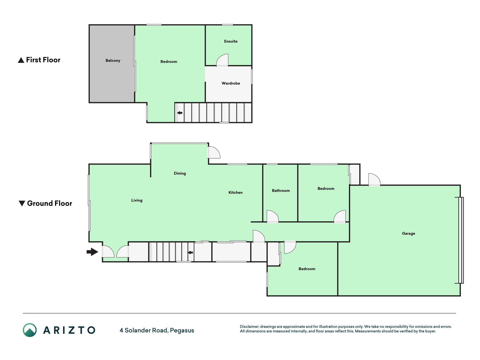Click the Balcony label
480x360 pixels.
click(113, 60)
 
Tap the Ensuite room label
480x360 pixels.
click(231, 41)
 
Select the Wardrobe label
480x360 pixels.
click(231, 83)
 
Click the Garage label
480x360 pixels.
click(408, 233)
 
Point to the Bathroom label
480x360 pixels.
click(281, 191)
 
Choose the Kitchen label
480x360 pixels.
click(235, 193)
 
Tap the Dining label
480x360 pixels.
click(180, 174)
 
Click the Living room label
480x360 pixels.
click(137, 201)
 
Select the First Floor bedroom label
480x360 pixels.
click(169, 62)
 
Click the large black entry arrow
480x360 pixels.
click(92, 252)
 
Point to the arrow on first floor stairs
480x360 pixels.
click(179, 113)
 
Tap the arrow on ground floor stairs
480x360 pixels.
click(190, 253)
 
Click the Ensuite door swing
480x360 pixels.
click(222, 60)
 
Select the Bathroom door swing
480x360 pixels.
click(272, 217)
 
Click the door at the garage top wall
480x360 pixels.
click(374, 180)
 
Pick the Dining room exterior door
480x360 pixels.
click(214, 152)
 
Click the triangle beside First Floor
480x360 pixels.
click(21, 60)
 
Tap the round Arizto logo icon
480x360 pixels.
click(30, 330)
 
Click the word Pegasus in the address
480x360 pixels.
click(182, 330)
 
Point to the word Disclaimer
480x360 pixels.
click(249, 327)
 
